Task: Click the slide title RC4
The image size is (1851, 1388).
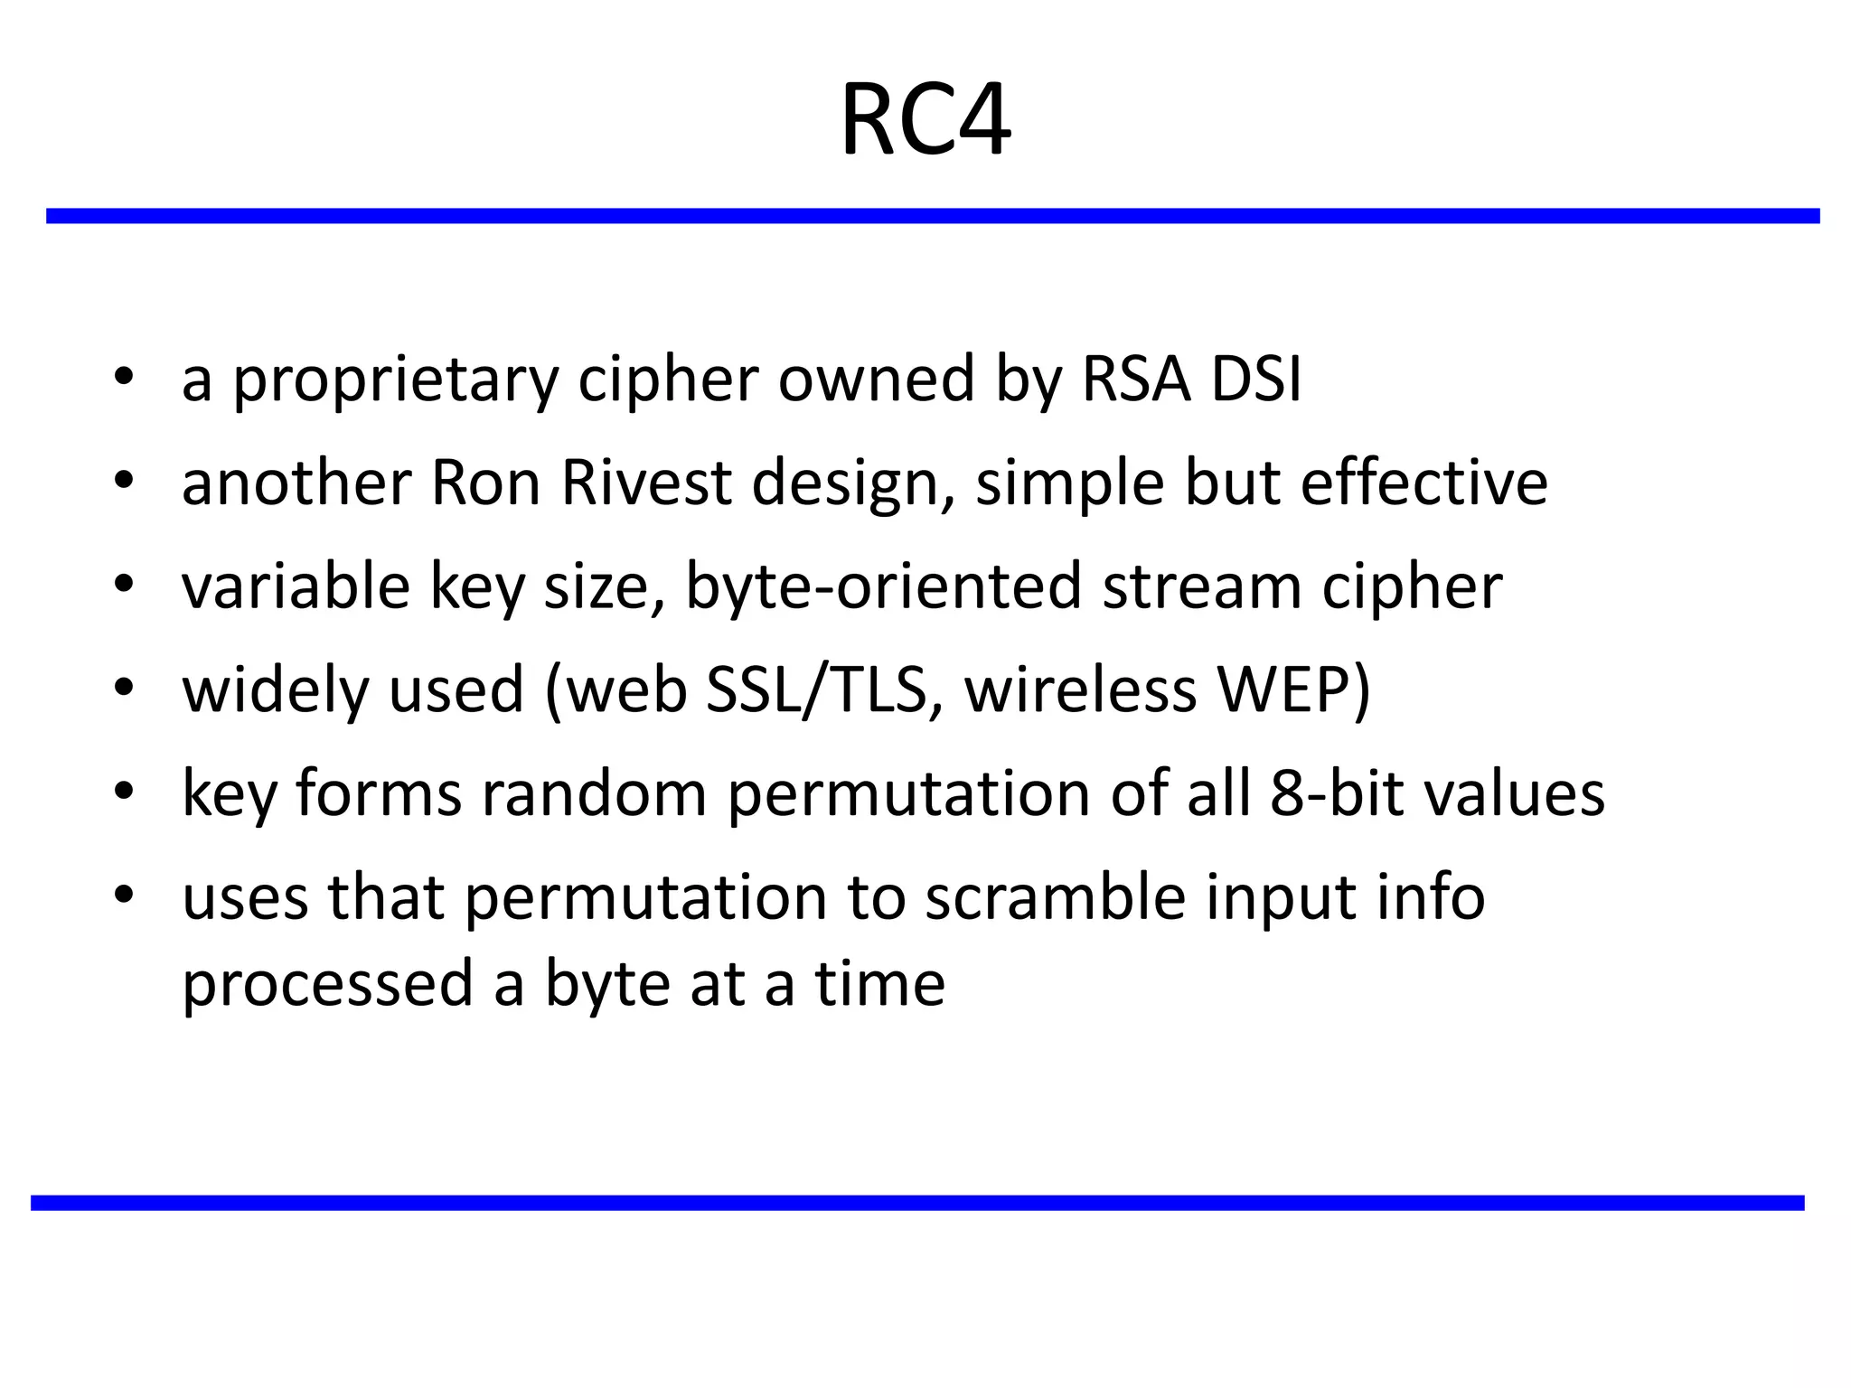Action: click(925, 122)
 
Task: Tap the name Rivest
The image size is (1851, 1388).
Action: click(645, 483)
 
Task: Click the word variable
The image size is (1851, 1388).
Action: click(296, 586)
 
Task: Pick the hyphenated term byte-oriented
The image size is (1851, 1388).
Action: click(882, 588)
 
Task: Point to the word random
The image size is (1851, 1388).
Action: click(594, 793)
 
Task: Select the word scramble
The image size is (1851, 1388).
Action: click(1055, 897)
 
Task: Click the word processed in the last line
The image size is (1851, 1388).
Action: click(327, 985)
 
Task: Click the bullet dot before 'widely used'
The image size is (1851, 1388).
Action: click(124, 689)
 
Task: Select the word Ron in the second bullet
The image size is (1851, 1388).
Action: click(484, 483)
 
